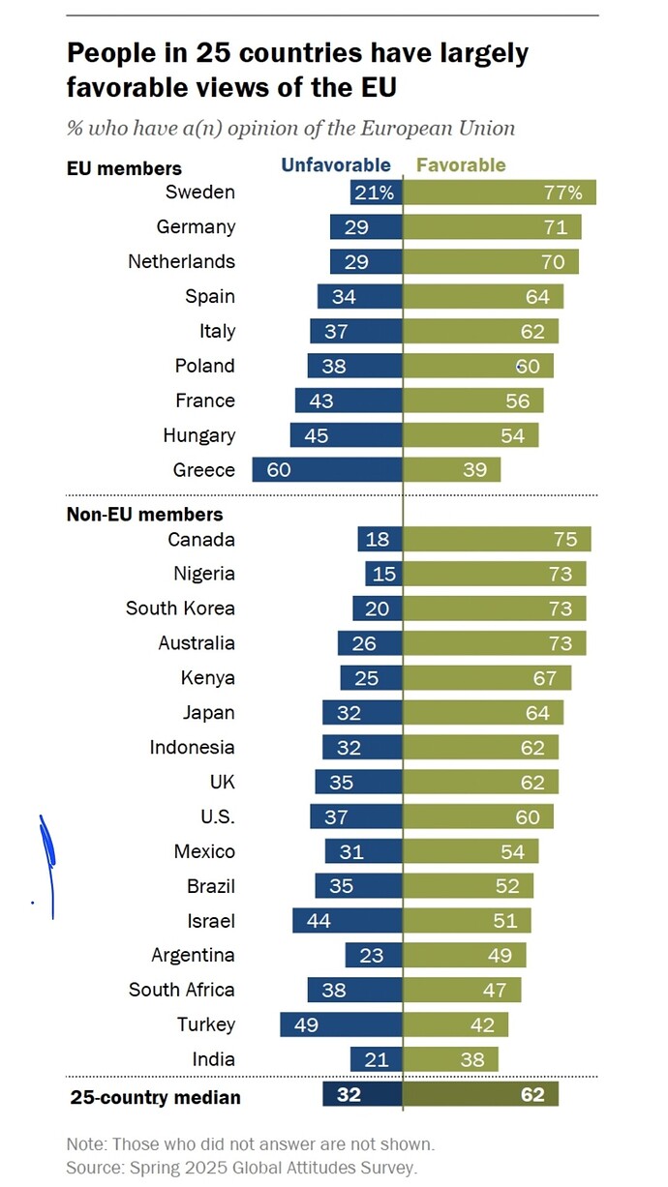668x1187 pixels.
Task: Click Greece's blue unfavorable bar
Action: click(326, 470)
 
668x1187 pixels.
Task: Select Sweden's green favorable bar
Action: click(499, 193)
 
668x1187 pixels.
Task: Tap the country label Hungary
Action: click(199, 435)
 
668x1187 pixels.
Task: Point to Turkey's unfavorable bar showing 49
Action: click(340, 1024)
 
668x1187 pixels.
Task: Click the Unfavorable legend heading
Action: click(336, 165)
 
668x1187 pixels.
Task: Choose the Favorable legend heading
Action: click(461, 165)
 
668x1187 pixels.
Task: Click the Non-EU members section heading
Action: click(144, 515)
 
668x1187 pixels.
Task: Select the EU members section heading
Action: click(124, 168)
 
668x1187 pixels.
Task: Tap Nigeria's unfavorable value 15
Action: click(384, 574)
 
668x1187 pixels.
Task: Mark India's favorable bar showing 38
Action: click(450, 1059)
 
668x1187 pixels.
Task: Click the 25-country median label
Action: click(155, 1097)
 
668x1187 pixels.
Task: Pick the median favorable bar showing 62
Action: click(480, 1095)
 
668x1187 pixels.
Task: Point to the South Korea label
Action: click(180, 608)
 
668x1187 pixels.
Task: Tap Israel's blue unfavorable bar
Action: click(347, 921)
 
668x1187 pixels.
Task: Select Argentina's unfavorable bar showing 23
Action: click(373, 956)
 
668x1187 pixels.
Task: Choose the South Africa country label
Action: click(182, 990)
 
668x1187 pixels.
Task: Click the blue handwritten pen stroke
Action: click(46, 861)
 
